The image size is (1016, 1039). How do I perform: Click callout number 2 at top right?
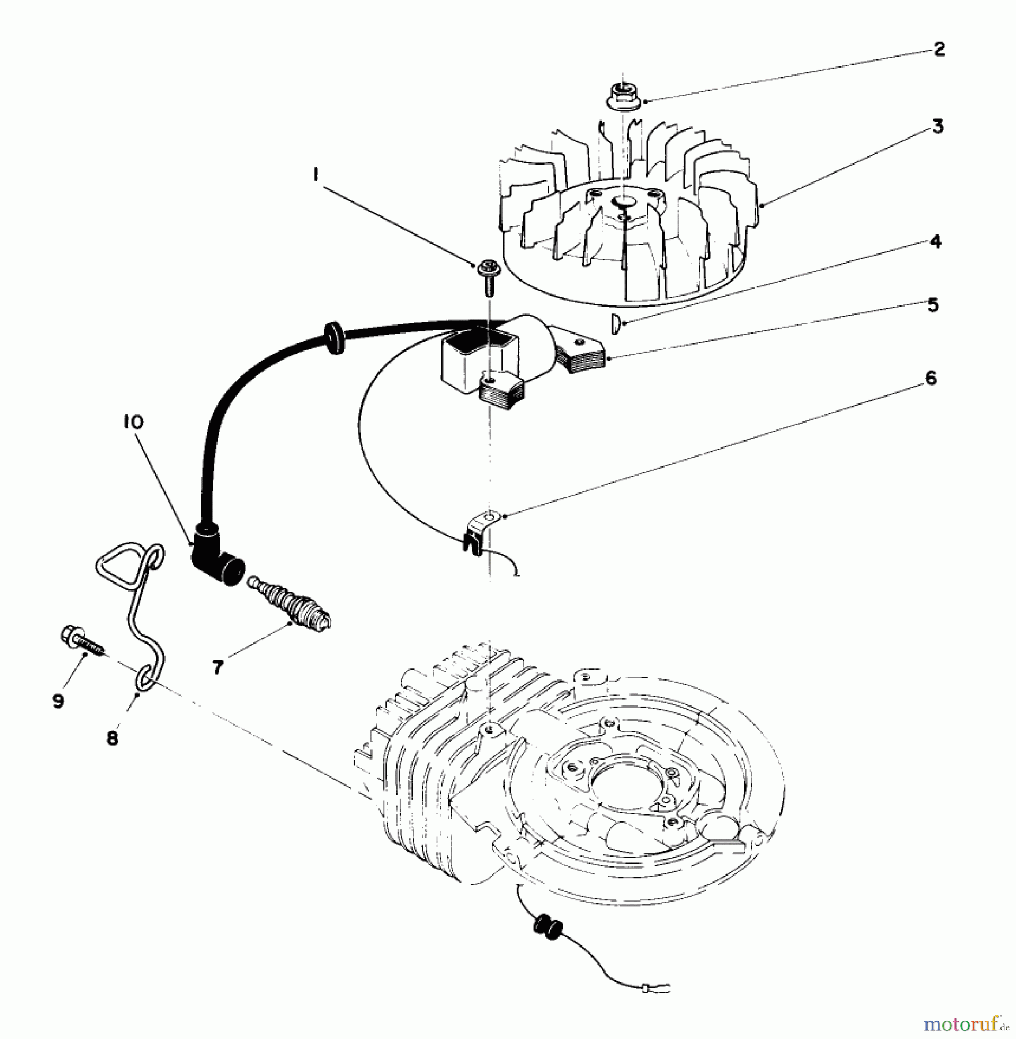point(939,49)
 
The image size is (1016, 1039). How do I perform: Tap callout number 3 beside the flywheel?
point(938,126)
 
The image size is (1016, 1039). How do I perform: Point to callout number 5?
point(933,304)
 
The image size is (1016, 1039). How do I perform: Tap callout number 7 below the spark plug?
point(218,667)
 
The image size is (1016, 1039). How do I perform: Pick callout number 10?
point(132,422)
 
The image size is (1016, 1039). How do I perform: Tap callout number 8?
point(112,738)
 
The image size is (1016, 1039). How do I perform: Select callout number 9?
point(58,701)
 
